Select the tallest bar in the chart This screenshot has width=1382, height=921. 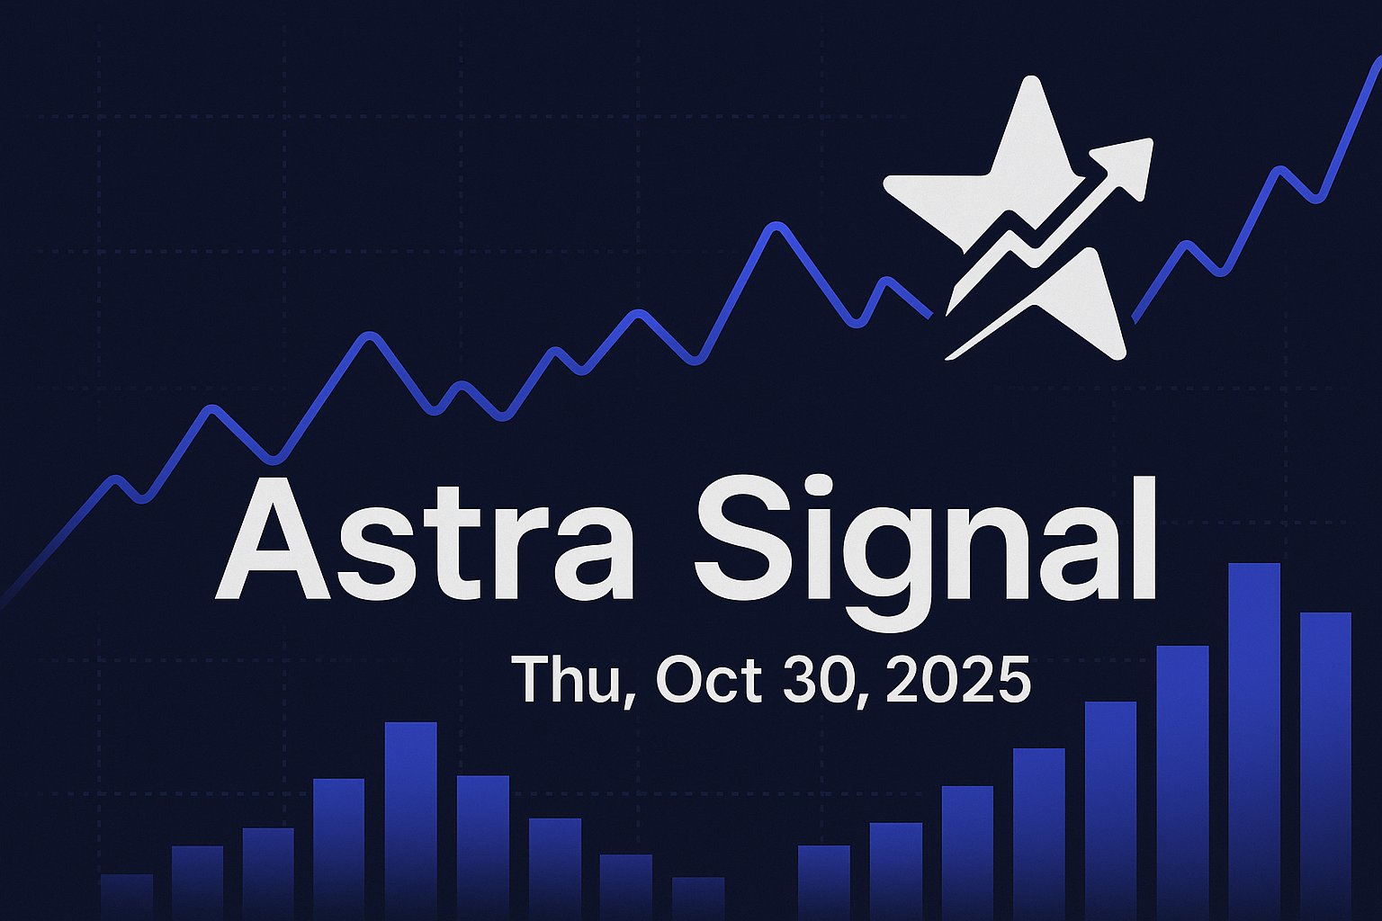(x=1253, y=738)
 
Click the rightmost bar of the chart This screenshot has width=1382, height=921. (x=1325, y=765)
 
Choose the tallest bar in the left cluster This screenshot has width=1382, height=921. (x=410, y=818)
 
